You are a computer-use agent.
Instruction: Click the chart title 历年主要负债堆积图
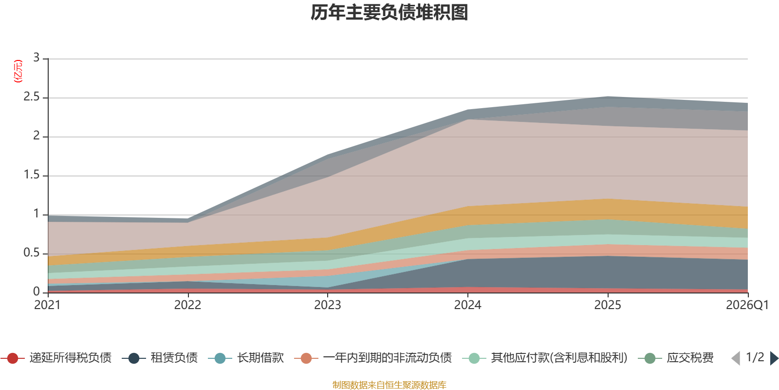(x=389, y=13)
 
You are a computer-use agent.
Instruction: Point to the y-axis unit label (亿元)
(x=18, y=71)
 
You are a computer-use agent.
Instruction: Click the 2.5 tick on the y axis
(x=32, y=97)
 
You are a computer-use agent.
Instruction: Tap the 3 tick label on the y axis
(x=36, y=58)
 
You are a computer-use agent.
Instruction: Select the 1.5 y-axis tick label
(x=32, y=175)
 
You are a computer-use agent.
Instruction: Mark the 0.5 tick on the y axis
(x=32, y=253)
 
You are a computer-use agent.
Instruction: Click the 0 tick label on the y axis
(x=36, y=292)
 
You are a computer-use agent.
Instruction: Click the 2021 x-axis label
(x=47, y=305)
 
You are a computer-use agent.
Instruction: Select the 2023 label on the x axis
(x=327, y=305)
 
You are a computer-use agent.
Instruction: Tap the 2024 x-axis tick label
(x=467, y=305)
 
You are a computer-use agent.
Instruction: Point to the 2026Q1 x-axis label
(x=747, y=305)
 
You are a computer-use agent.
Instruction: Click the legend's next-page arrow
(x=774, y=358)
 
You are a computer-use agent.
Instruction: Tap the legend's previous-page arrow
(x=736, y=358)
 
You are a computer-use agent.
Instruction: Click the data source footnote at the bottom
(x=389, y=385)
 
